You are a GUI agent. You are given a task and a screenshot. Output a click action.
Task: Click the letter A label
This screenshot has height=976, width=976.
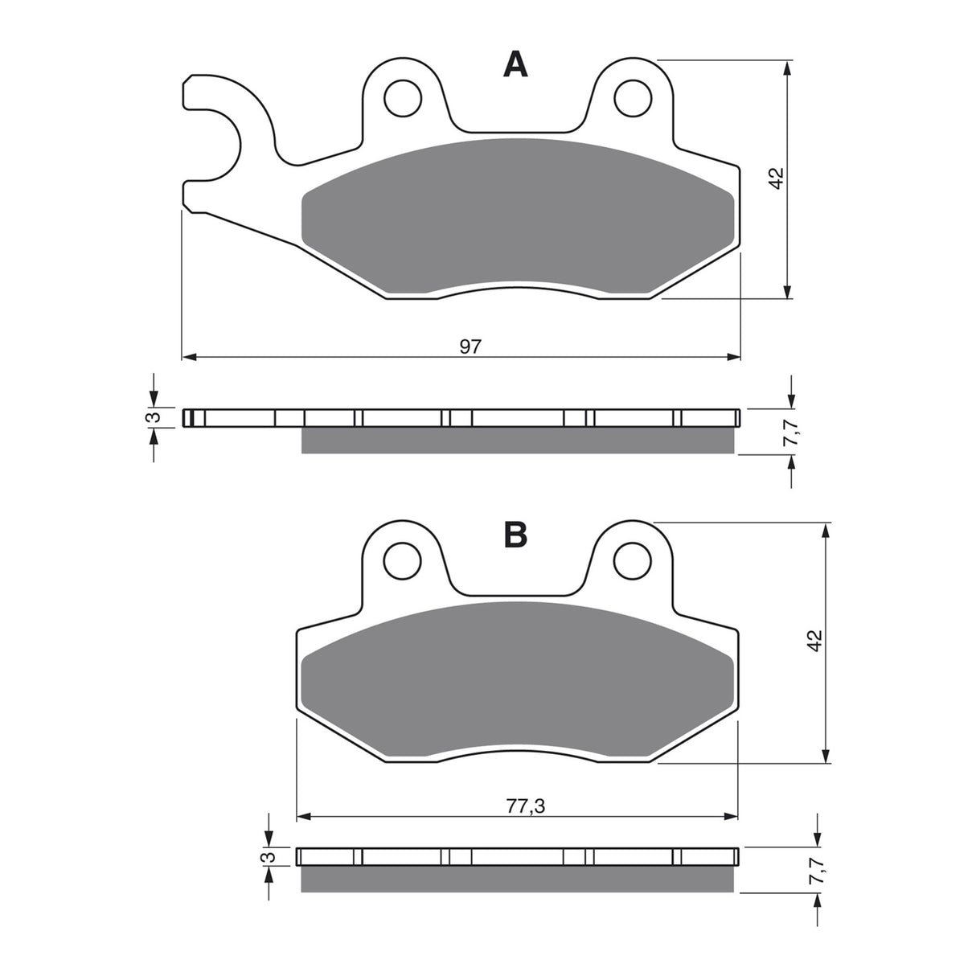(515, 64)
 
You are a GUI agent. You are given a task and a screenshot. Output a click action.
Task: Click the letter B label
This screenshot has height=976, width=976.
(515, 534)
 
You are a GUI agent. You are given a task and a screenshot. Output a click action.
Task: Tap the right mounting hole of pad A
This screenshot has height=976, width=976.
(632, 98)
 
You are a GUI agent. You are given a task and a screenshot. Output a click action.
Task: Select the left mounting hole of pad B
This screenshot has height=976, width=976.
(402, 560)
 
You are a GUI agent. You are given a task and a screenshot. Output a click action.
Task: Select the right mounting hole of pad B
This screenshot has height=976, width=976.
(632, 560)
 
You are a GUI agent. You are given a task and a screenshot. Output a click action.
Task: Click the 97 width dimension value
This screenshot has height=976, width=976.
(470, 347)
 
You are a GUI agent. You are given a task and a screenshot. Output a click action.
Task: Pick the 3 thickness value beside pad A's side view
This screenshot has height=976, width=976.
(158, 417)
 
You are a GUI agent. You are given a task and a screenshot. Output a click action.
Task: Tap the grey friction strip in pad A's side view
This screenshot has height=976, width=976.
(517, 441)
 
